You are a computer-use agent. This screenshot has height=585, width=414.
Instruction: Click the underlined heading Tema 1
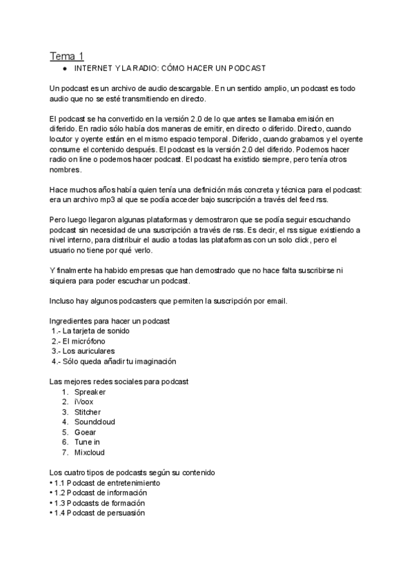click(x=66, y=56)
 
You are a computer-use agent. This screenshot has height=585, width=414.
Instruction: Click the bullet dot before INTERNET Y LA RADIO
click(x=64, y=69)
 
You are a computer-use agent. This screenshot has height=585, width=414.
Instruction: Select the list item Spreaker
click(x=90, y=392)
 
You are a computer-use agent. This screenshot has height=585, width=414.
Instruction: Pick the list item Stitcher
click(x=88, y=412)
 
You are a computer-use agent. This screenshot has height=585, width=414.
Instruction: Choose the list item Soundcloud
click(x=95, y=422)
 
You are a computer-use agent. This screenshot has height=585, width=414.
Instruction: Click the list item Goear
click(x=85, y=432)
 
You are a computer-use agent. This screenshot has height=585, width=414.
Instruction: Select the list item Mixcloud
click(x=89, y=452)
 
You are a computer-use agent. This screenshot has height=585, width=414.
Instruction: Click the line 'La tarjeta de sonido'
click(x=95, y=331)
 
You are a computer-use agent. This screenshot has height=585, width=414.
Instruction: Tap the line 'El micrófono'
click(x=88, y=341)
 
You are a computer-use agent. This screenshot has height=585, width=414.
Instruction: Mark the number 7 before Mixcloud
click(x=64, y=452)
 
